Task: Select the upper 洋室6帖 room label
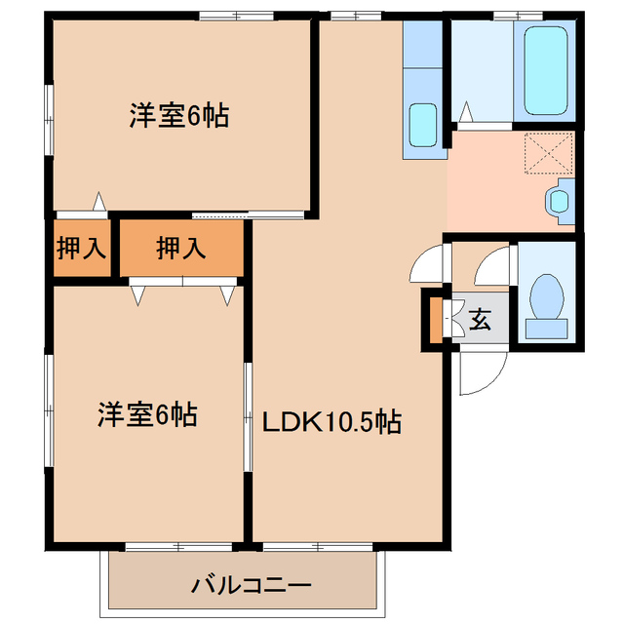[x=179, y=116]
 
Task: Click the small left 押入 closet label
[x=80, y=249]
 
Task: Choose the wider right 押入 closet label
[x=181, y=249]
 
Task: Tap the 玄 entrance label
[x=481, y=319]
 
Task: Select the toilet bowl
[x=547, y=297]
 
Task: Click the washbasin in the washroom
[x=559, y=200]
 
